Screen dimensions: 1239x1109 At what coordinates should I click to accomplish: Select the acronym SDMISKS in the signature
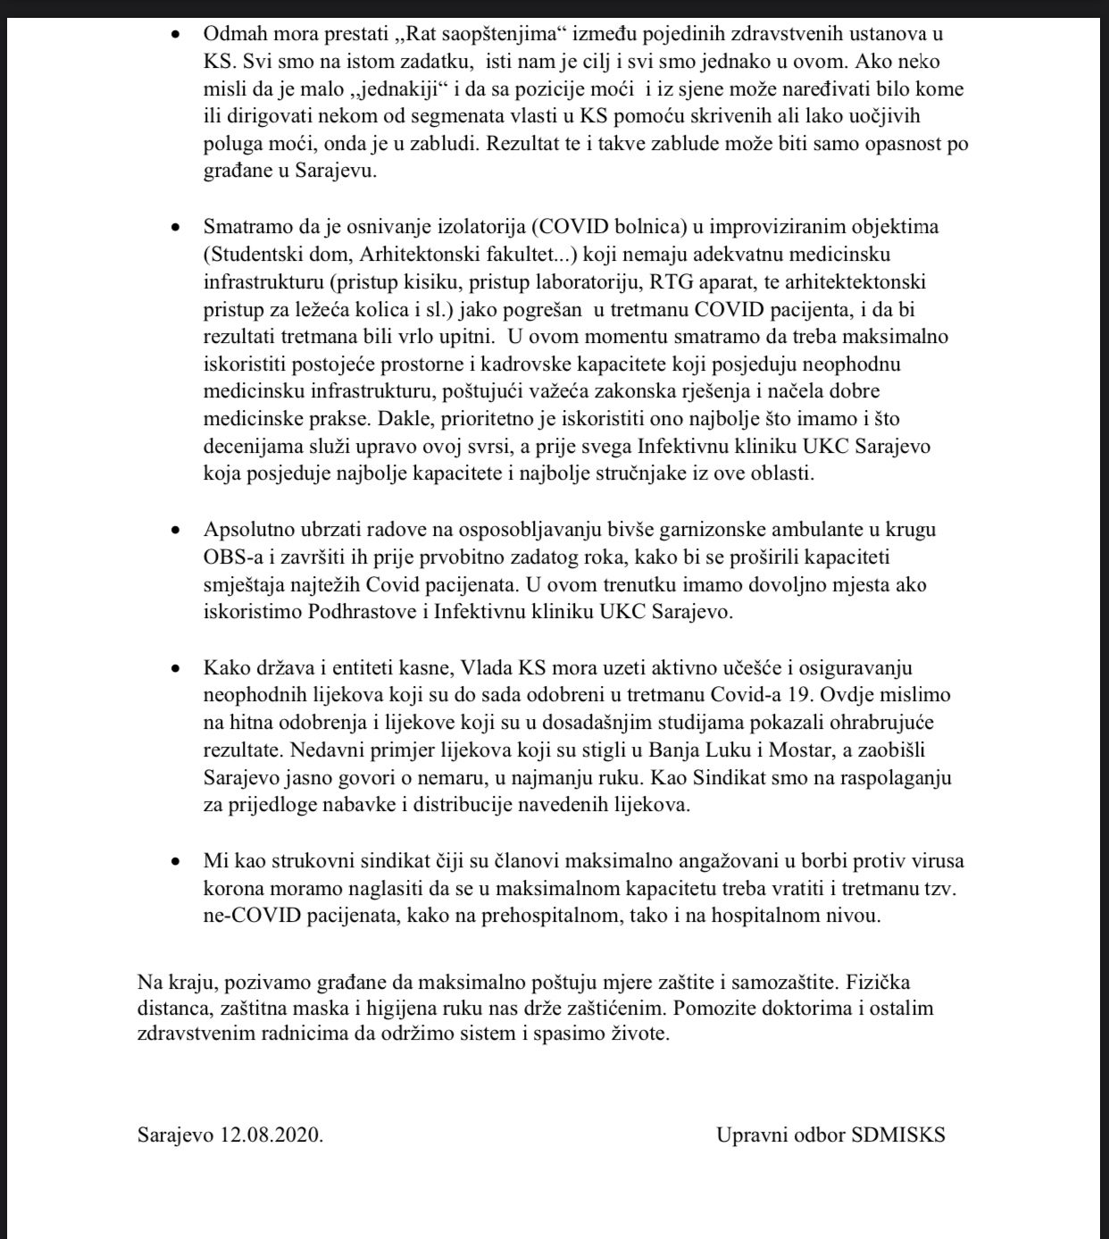pyautogui.click(x=898, y=1135)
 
